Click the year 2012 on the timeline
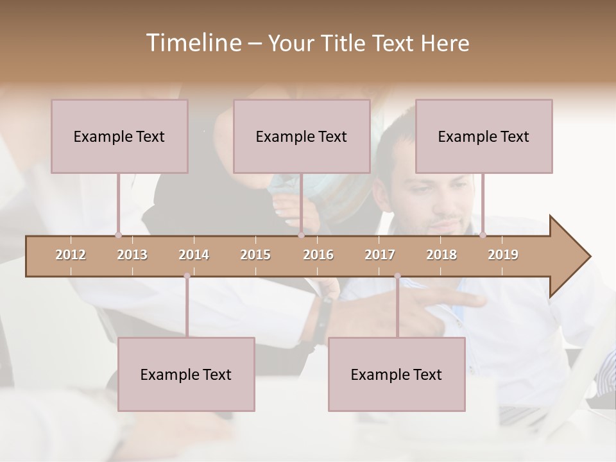[x=71, y=255]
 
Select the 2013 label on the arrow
[x=132, y=255]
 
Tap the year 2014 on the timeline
[x=194, y=255]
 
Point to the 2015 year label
[x=255, y=255]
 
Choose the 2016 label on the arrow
[x=318, y=255]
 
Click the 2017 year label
[x=380, y=255]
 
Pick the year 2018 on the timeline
[x=441, y=255]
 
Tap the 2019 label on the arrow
[x=503, y=255]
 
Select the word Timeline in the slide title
[x=193, y=43]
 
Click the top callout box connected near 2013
[x=119, y=136]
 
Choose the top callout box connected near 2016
[x=302, y=136]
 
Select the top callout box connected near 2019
[x=484, y=136]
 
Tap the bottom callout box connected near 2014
[x=186, y=374]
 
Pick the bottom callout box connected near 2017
[x=397, y=374]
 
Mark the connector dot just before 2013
[x=118, y=235]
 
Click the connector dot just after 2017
[x=397, y=276]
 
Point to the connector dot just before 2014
[x=187, y=276]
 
